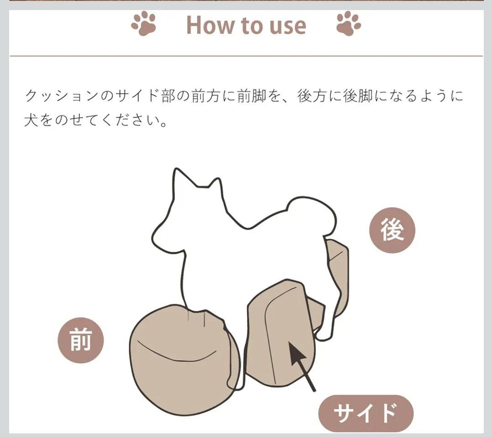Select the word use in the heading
286,26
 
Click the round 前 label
81,340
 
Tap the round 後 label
393,230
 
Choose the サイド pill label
366,413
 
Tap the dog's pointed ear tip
175,172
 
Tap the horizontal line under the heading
246,56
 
